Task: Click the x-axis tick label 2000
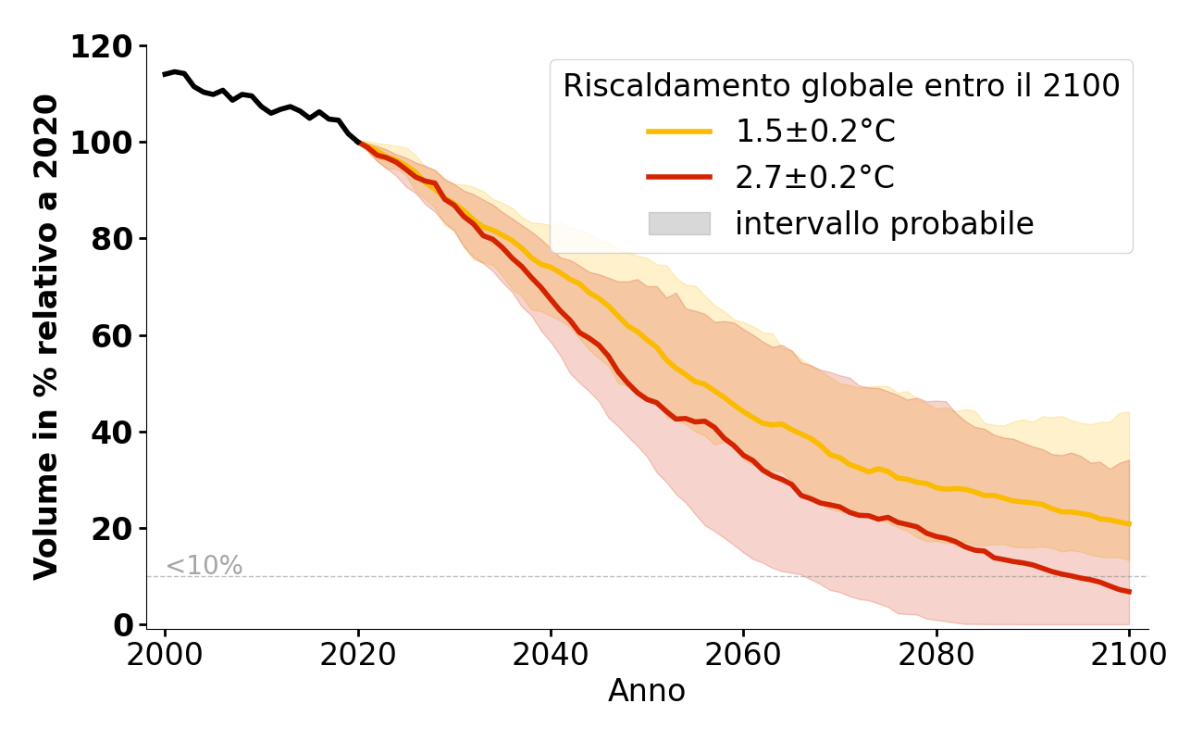pyautogui.click(x=166, y=656)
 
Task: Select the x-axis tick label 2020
pyautogui.click(x=358, y=656)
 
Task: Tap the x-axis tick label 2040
pyautogui.click(x=551, y=656)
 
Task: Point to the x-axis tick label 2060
pyautogui.click(x=743, y=656)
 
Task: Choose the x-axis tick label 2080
pyautogui.click(x=936, y=656)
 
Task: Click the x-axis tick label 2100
pyautogui.click(x=1129, y=656)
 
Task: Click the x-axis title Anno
pyautogui.click(x=647, y=692)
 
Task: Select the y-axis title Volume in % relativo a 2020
pyautogui.click(x=46, y=337)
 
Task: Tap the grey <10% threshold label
pyautogui.click(x=204, y=566)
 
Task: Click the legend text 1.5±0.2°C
pyautogui.click(x=815, y=132)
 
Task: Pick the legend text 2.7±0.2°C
pyautogui.click(x=815, y=177)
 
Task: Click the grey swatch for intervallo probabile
pyautogui.click(x=679, y=223)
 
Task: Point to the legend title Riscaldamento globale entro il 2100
pyautogui.click(x=841, y=86)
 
